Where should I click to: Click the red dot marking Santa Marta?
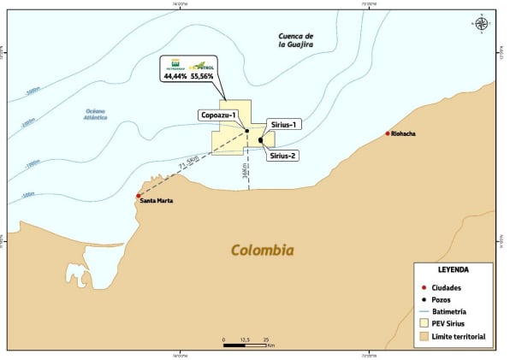(x=139, y=196)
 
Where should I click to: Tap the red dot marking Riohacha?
(x=388, y=133)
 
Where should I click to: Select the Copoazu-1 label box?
(x=218, y=115)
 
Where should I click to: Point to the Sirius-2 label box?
(x=282, y=156)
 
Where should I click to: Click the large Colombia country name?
(x=263, y=251)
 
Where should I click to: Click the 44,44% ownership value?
(x=176, y=77)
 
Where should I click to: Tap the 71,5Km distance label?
(x=187, y=162)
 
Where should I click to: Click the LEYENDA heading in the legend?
(x=453, y=269)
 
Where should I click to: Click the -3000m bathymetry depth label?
(x=33, y=91)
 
